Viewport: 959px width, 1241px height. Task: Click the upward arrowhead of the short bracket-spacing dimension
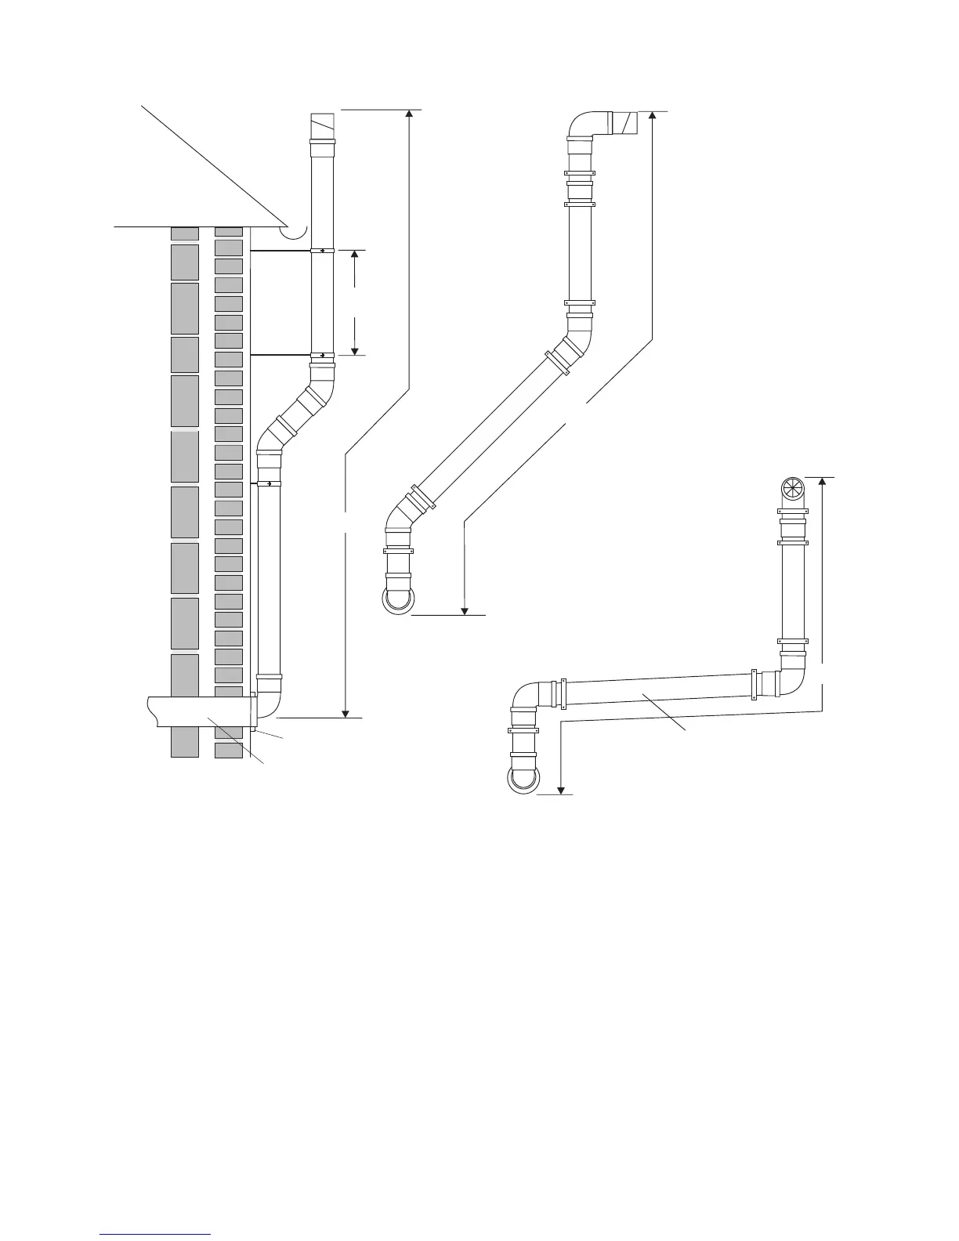tap(355, 255)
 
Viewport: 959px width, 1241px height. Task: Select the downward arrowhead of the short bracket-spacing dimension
tap(355, 350)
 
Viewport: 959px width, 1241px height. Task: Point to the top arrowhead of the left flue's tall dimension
tap(408, 113)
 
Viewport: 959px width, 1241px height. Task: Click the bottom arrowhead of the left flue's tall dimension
tap(345, 712)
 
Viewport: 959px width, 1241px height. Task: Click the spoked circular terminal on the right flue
tap(793, 490)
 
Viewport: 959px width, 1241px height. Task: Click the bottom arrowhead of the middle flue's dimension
tap(465, 610)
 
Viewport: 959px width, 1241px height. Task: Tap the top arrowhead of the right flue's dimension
tap(822, 481)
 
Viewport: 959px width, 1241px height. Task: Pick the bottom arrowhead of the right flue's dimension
tap(562, 790)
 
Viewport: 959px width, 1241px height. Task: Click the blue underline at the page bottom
tap(156, 1235)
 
